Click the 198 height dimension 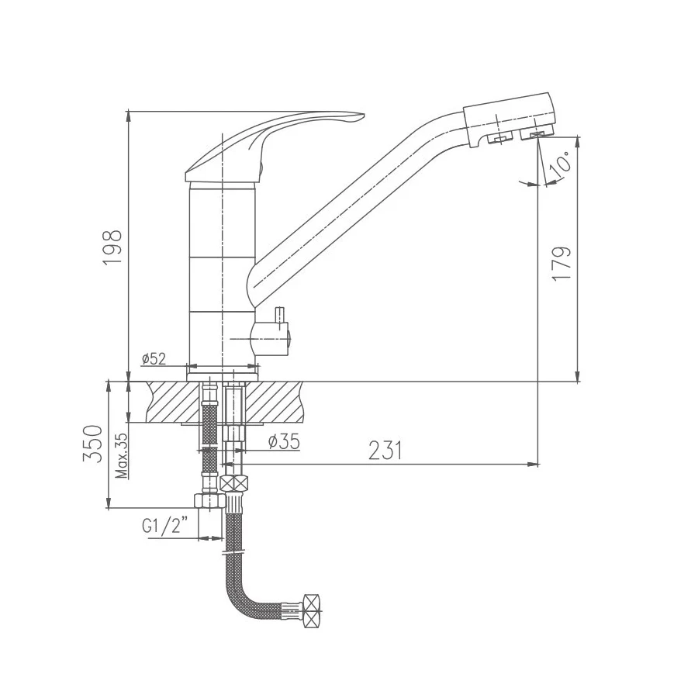point(112,248)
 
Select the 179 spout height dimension point(561,263)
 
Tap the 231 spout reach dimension point(385,450)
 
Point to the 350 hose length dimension point(92,444)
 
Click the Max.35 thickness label point(121,455)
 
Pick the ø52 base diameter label point(154,358)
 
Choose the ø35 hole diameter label point(284,441)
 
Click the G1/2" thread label point(164,527)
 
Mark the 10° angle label point(561,163)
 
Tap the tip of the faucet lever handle point(364,116)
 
